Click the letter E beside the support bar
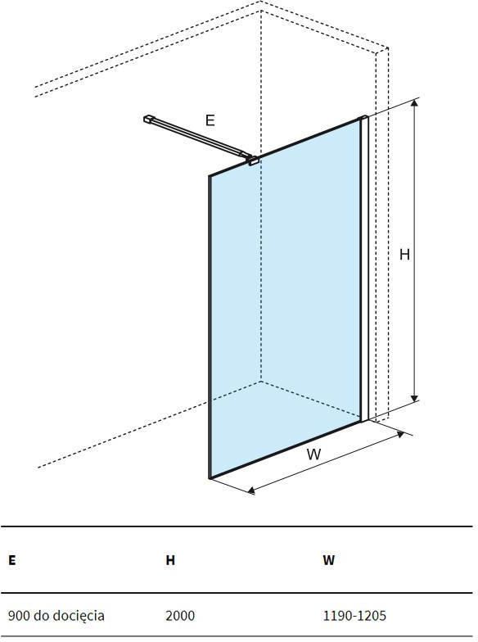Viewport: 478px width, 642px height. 210,120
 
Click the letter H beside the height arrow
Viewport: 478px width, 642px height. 404,255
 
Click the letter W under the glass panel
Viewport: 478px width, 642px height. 313,454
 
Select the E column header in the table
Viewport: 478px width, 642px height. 11,560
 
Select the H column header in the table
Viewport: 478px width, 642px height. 170,560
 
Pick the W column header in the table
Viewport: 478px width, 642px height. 329,560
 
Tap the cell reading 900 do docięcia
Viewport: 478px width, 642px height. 56,616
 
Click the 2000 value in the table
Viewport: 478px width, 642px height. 180,616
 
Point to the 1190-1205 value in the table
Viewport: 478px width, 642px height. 354,616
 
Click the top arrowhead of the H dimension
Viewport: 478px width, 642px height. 414,103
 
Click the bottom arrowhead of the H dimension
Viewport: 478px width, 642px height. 414,398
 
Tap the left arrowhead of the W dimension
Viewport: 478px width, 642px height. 252,490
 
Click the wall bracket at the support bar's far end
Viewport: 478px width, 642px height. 149,120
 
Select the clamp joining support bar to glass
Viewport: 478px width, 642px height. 252,160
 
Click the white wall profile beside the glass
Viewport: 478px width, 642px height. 365,269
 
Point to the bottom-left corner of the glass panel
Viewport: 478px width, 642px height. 210,478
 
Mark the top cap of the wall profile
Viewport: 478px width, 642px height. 363,118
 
